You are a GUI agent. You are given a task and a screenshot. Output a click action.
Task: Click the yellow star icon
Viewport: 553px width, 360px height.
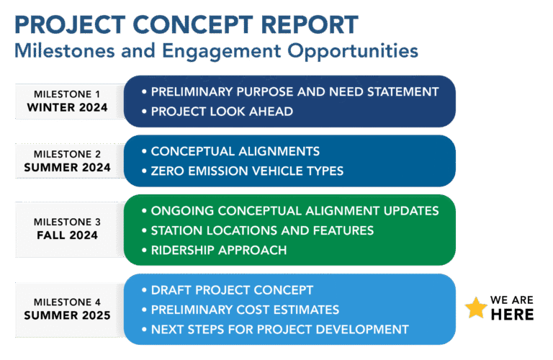tap(476, 308)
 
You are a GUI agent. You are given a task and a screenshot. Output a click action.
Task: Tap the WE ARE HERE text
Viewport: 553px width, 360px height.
tap(512, 307)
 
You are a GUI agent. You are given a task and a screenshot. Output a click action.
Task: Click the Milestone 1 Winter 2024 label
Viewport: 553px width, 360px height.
tap(67, 102)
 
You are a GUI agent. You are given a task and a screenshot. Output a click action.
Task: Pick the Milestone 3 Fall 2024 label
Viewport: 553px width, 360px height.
tap(67, 228)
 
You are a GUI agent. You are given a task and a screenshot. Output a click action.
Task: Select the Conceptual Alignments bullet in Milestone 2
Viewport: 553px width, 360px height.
tap(230, 151)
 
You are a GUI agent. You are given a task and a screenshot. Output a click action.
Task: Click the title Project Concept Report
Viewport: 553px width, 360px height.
tap(186, 25)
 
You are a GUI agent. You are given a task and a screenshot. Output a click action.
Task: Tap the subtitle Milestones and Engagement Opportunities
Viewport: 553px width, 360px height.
tap(216, 51)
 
